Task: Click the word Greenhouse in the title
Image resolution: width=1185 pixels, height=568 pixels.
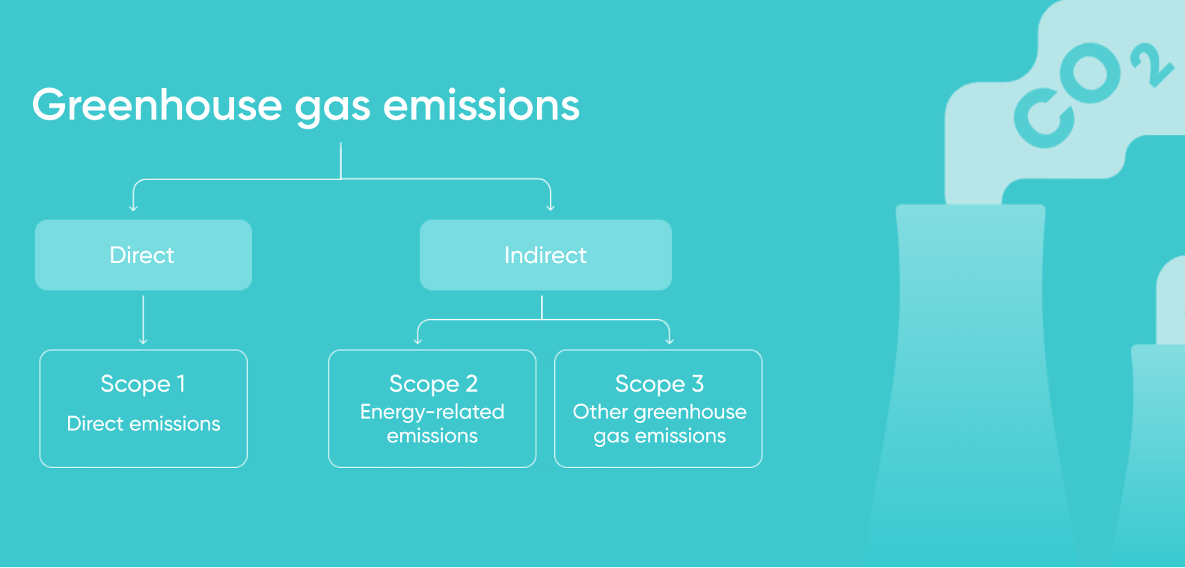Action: coord(156,105)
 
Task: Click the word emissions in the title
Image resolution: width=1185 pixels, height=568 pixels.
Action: coord(482,105)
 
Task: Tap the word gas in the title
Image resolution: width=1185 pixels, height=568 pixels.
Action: coord(332,109)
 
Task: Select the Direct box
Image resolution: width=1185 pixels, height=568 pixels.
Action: coord(144,255)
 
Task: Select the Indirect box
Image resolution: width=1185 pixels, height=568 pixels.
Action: coord(545,255)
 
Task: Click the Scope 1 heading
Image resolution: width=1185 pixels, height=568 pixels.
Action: coord(143,384)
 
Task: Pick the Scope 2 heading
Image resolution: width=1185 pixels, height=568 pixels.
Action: coord(433,384)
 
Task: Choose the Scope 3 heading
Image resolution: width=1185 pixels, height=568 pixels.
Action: coord(659,384)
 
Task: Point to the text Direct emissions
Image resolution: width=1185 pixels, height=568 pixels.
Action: coord(144,424)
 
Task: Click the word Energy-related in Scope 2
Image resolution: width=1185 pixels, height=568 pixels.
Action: coord(432,412)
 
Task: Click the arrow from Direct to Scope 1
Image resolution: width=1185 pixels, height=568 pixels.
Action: coord(143,320)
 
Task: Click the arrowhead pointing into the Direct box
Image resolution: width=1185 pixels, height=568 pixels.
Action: coord(133,208)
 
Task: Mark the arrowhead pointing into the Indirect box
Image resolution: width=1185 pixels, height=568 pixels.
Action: coord(550,208)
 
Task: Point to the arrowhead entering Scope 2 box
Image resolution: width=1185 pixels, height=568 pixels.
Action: coord(418,342)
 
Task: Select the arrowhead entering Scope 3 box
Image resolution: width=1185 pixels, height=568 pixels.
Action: coord(670,342)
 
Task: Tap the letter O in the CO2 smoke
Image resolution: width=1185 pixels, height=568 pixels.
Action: coord(1090,73)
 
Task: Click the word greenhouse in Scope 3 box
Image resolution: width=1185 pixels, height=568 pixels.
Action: coord(691,413)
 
